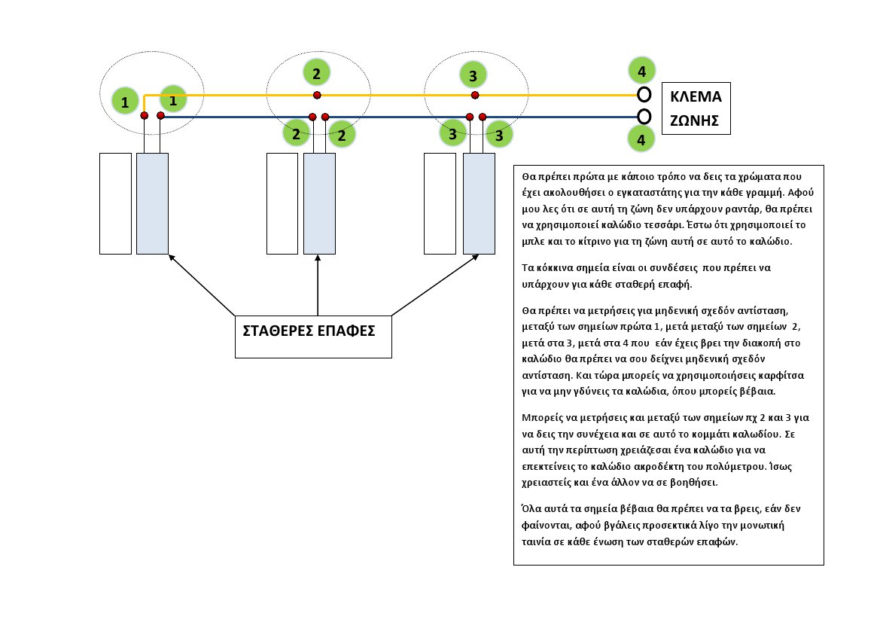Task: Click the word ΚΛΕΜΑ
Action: point(696,97)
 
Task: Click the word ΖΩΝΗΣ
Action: point(696,119)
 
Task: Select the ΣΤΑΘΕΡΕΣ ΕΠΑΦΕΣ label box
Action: point(313,336)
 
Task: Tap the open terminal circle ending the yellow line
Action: point(644,94)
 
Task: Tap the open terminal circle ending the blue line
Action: point(644,117)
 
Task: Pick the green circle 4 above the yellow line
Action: point(641,72)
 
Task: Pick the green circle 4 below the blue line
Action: point(641,140)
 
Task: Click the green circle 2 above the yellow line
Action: point(317,72)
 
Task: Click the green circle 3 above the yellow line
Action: point(473,75)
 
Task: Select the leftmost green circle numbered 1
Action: point(125,101)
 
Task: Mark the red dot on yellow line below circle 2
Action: point(318,95)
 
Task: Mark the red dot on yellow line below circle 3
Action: point(474,95)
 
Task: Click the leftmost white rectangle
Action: point(115,203)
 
